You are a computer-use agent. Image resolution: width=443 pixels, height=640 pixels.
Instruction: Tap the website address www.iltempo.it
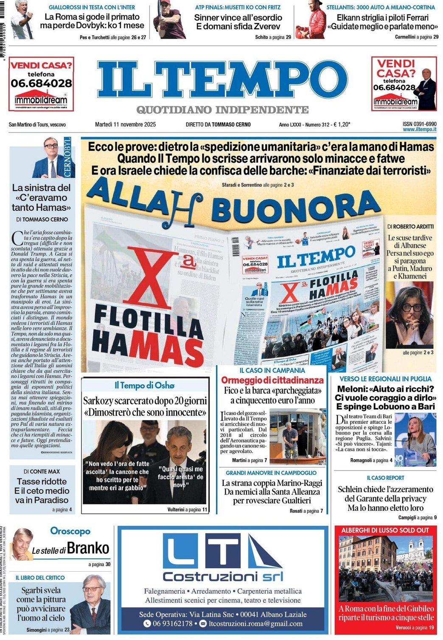tap(419, 130)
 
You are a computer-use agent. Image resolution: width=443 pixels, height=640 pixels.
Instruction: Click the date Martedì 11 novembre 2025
tap(125, 124)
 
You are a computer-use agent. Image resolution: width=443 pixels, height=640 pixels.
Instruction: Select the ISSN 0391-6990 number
tap(419, 124)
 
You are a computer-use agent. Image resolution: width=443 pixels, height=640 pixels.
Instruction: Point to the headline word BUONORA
tap(296, 208)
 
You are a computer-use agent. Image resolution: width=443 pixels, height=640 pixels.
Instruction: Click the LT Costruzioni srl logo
tap(223, 558)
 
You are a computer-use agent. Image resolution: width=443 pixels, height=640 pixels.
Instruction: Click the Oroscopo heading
tap(70, 531)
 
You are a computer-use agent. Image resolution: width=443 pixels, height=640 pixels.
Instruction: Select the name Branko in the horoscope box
tap(88, 548)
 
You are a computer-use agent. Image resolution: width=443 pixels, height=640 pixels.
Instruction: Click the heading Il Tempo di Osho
tap(144, 385)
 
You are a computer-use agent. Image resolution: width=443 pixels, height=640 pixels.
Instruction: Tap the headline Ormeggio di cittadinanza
tap(272, 380)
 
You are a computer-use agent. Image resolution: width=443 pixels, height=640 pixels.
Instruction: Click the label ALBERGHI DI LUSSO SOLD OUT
tap(385, 530)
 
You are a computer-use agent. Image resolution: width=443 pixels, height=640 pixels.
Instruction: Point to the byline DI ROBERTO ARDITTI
tap(410, 227)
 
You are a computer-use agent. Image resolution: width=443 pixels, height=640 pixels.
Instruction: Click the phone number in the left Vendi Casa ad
tap(41, 83)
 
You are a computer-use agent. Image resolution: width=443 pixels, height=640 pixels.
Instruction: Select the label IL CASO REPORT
tap(385, 478)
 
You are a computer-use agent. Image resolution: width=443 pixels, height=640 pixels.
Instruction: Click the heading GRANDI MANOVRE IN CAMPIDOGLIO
tap(271, 473)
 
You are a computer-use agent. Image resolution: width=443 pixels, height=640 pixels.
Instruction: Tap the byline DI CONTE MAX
tap(42, 471)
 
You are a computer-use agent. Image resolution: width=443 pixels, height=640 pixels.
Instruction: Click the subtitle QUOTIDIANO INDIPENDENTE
tap(222, 110)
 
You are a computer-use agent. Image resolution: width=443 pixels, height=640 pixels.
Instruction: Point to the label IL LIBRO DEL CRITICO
tap(40, 578)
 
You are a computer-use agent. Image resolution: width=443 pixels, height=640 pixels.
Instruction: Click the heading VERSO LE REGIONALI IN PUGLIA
tap(385, 379)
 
